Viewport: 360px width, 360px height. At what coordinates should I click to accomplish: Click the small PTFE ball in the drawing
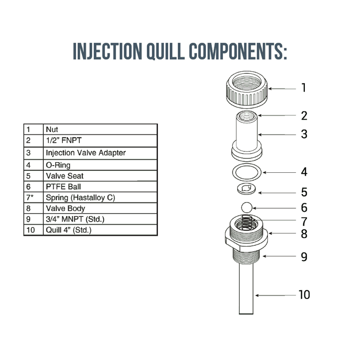[x=246, y=207]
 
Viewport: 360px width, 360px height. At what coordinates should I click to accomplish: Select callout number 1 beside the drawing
[x=303, y=87]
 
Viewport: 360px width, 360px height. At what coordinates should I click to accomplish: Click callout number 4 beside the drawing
[x=303, y=172]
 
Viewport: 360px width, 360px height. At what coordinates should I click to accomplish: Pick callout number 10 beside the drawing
[x=304, y=294]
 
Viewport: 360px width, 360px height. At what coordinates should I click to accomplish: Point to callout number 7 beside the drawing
[x=303, y=222]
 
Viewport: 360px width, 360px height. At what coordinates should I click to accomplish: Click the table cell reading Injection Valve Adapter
[x=85, y=153]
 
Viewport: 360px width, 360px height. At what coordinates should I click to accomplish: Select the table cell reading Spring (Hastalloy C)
[x=80, y=197]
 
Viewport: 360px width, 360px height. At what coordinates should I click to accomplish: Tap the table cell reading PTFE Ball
[x=63, y=187]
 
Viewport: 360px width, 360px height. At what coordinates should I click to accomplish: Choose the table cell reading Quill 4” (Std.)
[x=68, y=230]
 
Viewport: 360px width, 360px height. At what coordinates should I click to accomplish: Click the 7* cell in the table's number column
[x=30, y=197]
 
